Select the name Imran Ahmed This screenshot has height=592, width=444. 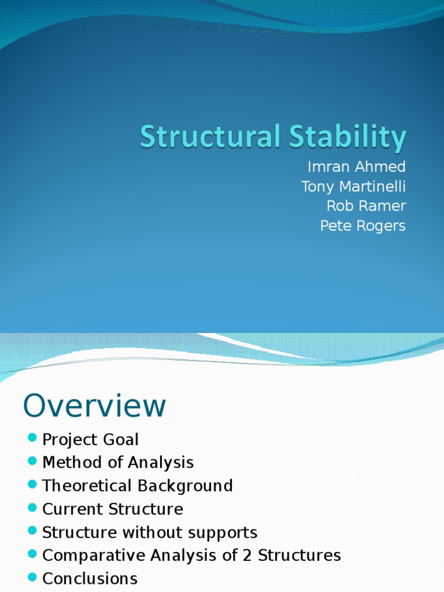[x=357, y=167]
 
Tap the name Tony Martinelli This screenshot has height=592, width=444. [x=353, y=187]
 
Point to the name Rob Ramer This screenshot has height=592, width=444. [x=366, y=206]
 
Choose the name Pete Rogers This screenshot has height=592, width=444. [x=363, y=225]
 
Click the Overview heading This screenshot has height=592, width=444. [x=94, y=406]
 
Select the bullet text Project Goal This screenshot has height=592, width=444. [x=91, y=440]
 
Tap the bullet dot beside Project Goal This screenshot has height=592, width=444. [x=32, y=436]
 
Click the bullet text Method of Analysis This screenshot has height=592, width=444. [x=118, y=462]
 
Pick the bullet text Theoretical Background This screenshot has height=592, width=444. [x=138, y=486]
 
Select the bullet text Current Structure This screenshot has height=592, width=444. [x=113, y=509]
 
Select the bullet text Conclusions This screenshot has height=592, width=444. [x=90, y=579]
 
